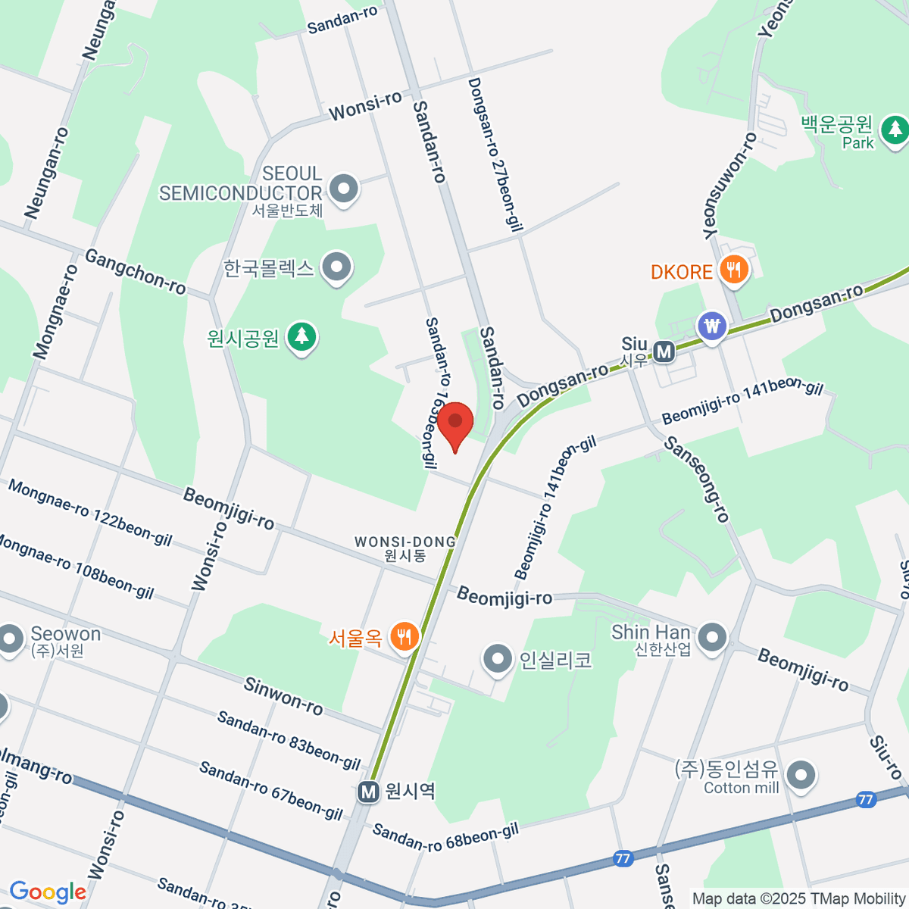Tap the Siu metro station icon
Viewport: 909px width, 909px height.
pyautogui.click(x=664, y=351)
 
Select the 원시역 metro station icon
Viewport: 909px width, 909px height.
pyautogui.click(x=369, y=792)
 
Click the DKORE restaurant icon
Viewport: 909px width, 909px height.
pyautogui.click(x=733, y=270)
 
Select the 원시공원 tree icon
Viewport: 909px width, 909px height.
pyautogui.click(x=302, y=336)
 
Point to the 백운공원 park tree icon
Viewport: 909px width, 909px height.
pyautogui.click(x=895, y=128)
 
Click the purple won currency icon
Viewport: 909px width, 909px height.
pyautogui.click(x=712, y=326)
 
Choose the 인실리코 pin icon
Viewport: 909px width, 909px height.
pyautogui.click(x=498, y=658)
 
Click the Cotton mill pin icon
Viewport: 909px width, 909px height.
pyautogui.click(x=800, y=774)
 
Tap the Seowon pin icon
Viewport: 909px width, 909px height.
pyautogui.click(x=11, y=638)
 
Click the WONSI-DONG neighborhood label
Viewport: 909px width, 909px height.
pyautogui.click(x=405, y=548)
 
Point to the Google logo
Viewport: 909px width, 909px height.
pyautogui.click(x=48, y=892)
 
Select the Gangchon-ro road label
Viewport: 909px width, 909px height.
pyautogui.click(x=135, y=271)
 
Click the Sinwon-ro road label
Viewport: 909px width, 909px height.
pyautogui.click(x=283, y=696)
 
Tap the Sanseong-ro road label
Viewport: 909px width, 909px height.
pyautogui.click(x=697, y=479)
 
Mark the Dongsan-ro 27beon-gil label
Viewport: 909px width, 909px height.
pyautogui.click(x=496, y=151)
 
